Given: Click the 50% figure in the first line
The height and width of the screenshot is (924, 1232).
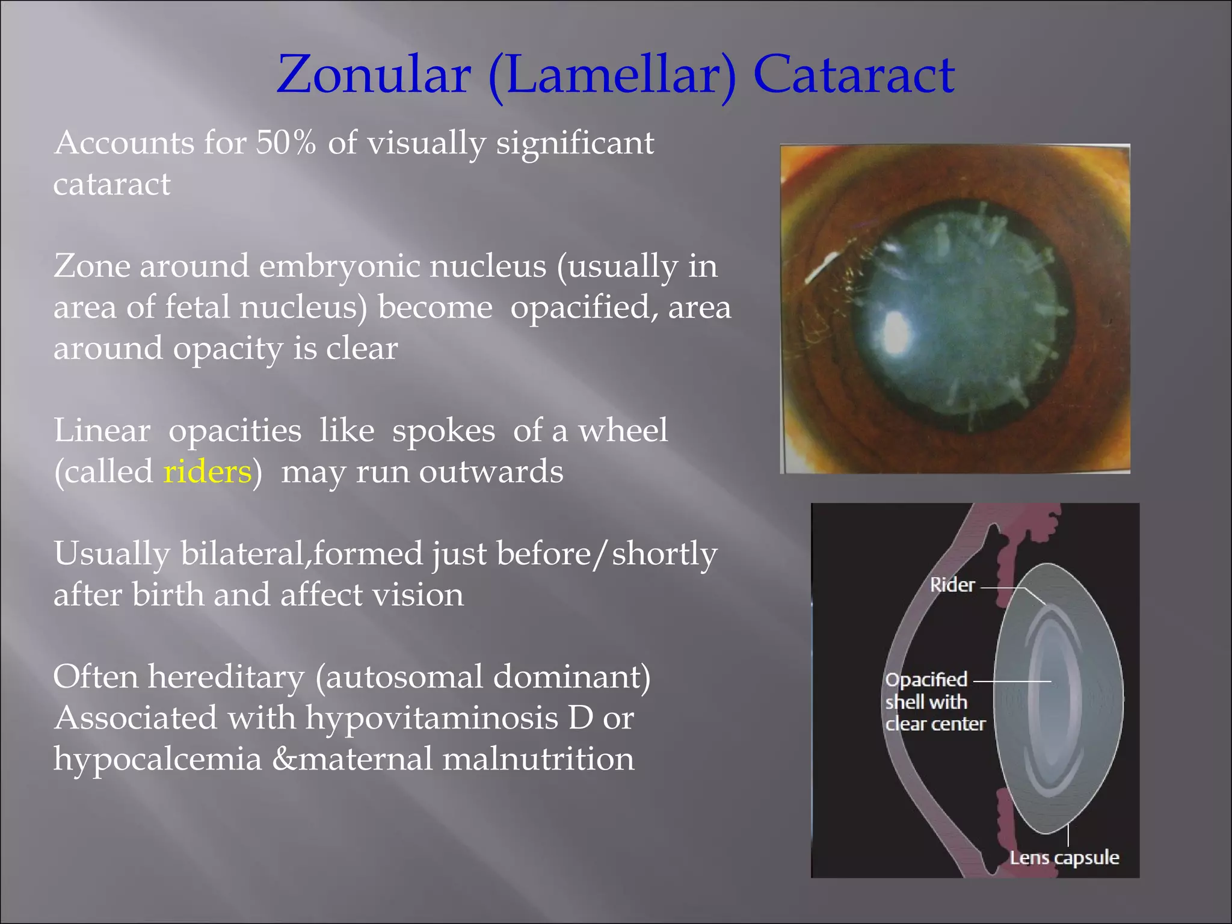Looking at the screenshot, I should point(286,143).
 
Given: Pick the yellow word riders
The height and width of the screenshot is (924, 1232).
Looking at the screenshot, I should point(207,472).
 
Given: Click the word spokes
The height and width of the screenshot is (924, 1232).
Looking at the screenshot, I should point(443,431).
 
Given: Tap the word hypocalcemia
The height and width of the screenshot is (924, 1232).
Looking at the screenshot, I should point(158,760).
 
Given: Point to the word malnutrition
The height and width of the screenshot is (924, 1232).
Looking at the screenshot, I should point(538,759).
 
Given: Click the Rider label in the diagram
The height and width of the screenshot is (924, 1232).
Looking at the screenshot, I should point(952,585).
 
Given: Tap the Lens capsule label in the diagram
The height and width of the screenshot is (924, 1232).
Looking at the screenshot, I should point(1064,858).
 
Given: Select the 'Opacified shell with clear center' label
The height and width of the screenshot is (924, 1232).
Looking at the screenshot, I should point(934,702).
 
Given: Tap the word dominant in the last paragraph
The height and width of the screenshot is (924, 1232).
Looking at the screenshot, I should point(571,677).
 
